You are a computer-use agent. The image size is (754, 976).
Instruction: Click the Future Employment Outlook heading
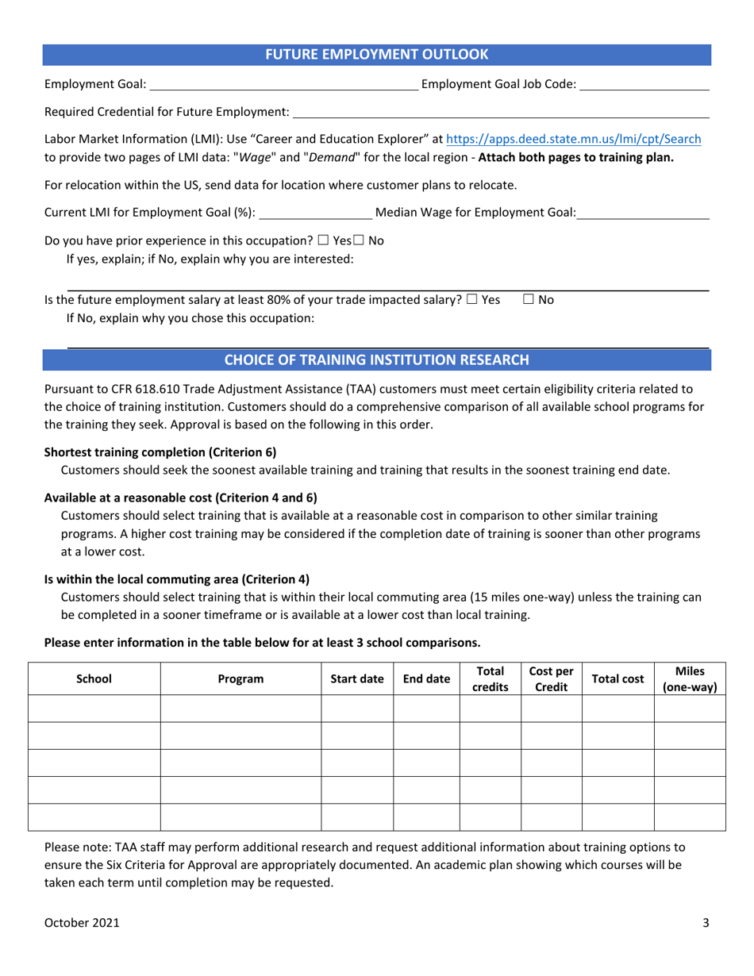coord(376,55)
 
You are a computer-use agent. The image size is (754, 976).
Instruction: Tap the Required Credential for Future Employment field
coord(500,113)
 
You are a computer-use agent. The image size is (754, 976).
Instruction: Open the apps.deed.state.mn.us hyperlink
coord(574,139)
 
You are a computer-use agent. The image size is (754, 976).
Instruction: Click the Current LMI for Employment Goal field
coord(316,213)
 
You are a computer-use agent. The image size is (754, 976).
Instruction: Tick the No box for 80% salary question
coord(529,300)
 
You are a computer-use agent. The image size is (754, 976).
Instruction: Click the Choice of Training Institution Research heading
coord(376,359)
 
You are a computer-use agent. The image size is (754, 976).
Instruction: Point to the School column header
coord(94,678)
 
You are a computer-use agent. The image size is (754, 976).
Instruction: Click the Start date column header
coord(357,678)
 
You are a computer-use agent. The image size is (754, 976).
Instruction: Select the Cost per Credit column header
coord(551,678)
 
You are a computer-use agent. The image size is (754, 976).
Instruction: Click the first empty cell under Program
coord(240,708)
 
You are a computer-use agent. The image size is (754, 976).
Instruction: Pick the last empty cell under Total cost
coord(617,817)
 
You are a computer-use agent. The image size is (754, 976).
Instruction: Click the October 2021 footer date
coord(83,923)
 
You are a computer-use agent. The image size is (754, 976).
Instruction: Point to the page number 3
coord(706,923)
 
